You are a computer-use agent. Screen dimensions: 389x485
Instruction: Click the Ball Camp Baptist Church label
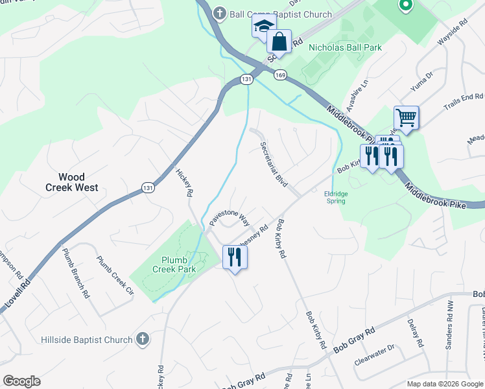(281, 14)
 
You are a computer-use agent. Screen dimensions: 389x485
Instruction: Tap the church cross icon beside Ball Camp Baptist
(220, 13)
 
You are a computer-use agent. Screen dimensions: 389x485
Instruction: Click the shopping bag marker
(279, 42)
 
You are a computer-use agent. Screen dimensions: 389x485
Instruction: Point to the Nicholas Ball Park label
(345, 47)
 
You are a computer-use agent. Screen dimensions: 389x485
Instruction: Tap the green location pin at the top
(405, 6)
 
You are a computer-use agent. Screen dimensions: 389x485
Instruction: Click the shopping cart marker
(406, 118)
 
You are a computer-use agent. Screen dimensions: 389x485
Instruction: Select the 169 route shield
(280, 75)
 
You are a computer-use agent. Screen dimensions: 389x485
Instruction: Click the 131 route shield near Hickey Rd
(148, 187)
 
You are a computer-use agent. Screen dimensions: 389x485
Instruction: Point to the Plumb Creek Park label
(174, 265)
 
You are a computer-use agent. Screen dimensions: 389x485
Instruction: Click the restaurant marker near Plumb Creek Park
(235, 257)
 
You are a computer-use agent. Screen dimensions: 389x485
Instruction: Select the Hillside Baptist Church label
(88, 339)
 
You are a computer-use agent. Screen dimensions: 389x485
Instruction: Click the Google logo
(22, 381)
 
